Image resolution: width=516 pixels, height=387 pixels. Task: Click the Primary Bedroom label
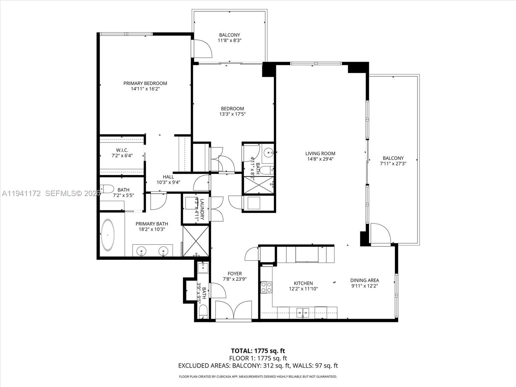point(145,83)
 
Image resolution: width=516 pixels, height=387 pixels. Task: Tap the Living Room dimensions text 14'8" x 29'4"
point(320,159)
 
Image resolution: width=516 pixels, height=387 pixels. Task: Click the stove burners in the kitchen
point(266,287)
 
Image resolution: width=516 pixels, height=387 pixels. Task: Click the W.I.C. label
point(122,150)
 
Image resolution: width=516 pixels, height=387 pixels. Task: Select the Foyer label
point(234,273)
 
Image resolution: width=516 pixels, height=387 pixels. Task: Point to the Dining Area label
point(364,280)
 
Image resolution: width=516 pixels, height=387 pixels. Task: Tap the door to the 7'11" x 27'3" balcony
point(381,233)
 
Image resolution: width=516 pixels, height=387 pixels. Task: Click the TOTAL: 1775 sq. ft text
point(258,351)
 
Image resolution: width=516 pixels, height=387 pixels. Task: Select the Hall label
point(168,177)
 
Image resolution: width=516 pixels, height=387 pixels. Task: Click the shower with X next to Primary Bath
point(196,241)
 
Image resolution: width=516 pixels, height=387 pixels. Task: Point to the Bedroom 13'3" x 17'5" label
point(232,109)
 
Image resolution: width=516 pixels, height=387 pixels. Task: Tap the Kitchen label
point(303,283)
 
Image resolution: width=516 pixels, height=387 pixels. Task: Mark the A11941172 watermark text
point(21,193)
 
